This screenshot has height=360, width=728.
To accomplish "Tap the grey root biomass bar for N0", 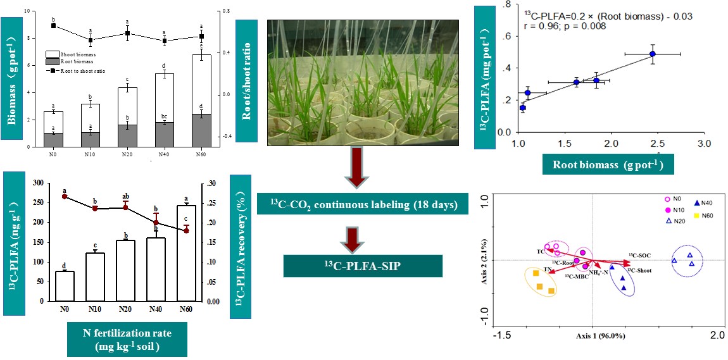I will click(54, 139).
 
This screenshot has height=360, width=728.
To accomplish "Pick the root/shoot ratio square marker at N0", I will click(54, 25).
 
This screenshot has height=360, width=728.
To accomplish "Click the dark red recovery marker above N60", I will click(185, 230).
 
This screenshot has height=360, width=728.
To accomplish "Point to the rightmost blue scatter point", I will click(652, 54).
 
